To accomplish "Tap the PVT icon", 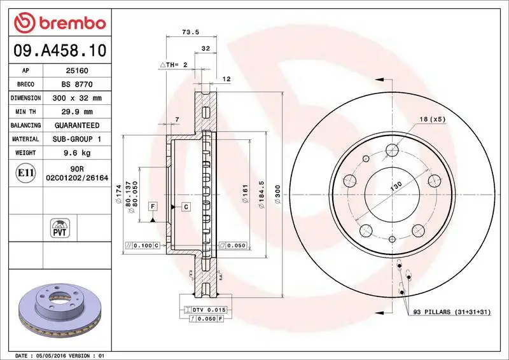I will tap(59, 227).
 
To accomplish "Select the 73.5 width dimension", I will tap(187, 31).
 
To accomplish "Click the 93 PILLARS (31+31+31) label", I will tap(453, 312).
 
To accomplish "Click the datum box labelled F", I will tap(153, 205).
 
